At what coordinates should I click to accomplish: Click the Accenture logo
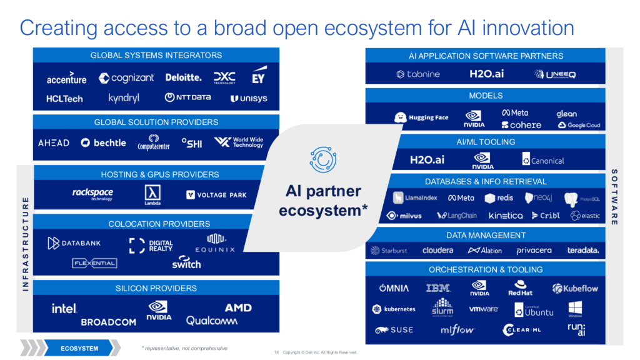(x=66, y=79)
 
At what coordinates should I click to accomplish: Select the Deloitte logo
(x=183, y=77)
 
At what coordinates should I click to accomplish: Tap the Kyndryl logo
(x=124, y=98)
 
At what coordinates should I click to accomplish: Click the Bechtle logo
(x=103, y=142)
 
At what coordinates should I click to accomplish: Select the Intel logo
(x=64, y=308)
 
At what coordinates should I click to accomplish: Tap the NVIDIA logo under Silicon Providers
(x=159, y=310)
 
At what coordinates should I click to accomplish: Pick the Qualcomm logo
(x=212, y=321)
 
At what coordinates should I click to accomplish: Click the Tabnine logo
(x=418, y=74)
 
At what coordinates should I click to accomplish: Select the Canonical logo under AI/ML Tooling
(x=542, y=161)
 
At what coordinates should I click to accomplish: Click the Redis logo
(x=499, y=198)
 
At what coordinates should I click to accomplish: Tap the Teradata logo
(x=582, y=251)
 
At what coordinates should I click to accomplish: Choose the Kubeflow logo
(x=575, y=288)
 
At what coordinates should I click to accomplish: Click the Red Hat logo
(x=520, y=288)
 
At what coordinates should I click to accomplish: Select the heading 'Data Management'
(x=486, y=235)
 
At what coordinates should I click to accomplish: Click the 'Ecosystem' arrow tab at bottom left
(x=80, y=348)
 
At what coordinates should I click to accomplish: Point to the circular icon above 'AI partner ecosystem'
(x=323, y=159)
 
